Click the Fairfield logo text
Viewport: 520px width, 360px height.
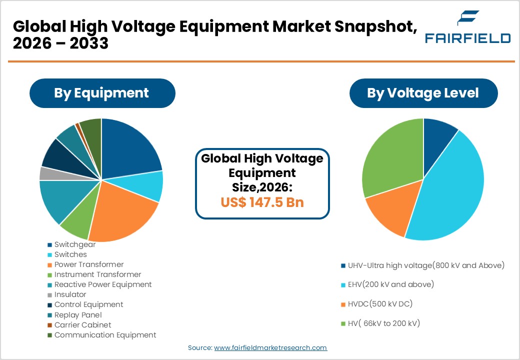coord(467,38)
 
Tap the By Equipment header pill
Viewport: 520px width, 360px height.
coord(101,93)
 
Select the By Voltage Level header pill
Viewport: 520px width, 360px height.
coord(423,93)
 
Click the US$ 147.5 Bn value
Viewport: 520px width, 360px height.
coord(262,202)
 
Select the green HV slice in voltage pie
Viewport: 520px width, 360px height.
coord(390,160)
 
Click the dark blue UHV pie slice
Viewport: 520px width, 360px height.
coord(438,135)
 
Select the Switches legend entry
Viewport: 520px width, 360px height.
coord(70,254)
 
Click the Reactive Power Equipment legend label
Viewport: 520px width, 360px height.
coord(103,284)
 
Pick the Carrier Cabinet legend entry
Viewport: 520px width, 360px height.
coord(82,325)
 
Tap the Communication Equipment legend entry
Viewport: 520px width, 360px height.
coord(105,335)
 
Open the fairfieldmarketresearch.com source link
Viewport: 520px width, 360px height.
coord(270,347)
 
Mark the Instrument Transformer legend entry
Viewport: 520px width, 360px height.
coord(97,274)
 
